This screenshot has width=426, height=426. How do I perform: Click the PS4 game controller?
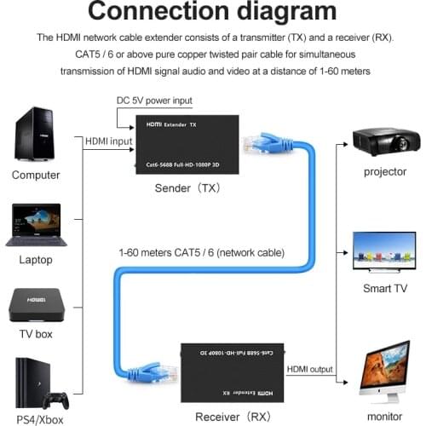tap(57, 399)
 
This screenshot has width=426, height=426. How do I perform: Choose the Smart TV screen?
tap(384, 250)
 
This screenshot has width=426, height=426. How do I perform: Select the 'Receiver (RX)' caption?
tap(231, 417)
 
